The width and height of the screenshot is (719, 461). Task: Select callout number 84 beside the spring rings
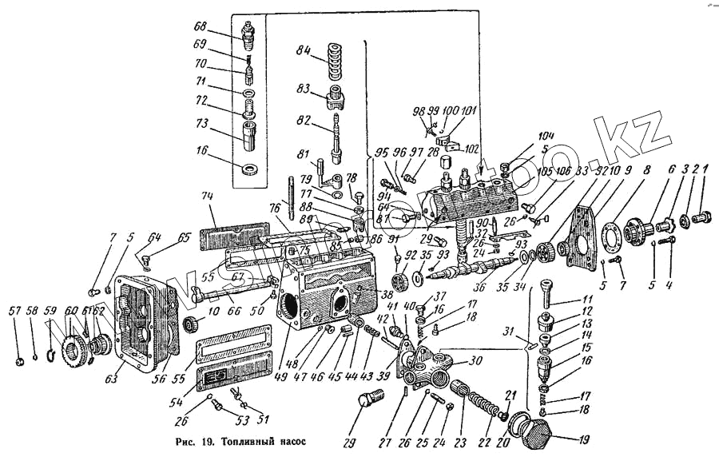point(303,50)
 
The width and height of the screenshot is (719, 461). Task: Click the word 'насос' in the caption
point(292,439)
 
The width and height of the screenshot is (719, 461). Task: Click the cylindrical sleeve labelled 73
point(246,130)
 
